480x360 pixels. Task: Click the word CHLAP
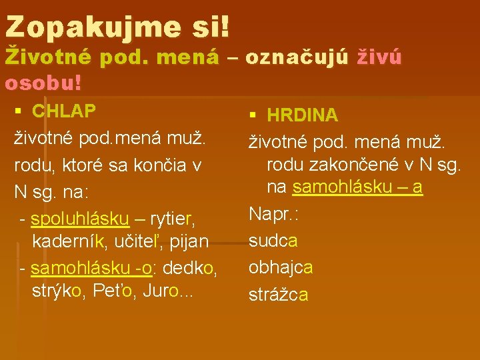[x=64, y=111]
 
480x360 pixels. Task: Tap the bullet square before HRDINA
[x=254, y=115]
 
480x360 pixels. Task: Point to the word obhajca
[x=281, y=267]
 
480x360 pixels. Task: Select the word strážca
[x=279, y=294]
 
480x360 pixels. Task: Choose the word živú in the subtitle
[x=380, y=58]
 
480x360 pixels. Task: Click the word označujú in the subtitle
[x=297, y=58]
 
